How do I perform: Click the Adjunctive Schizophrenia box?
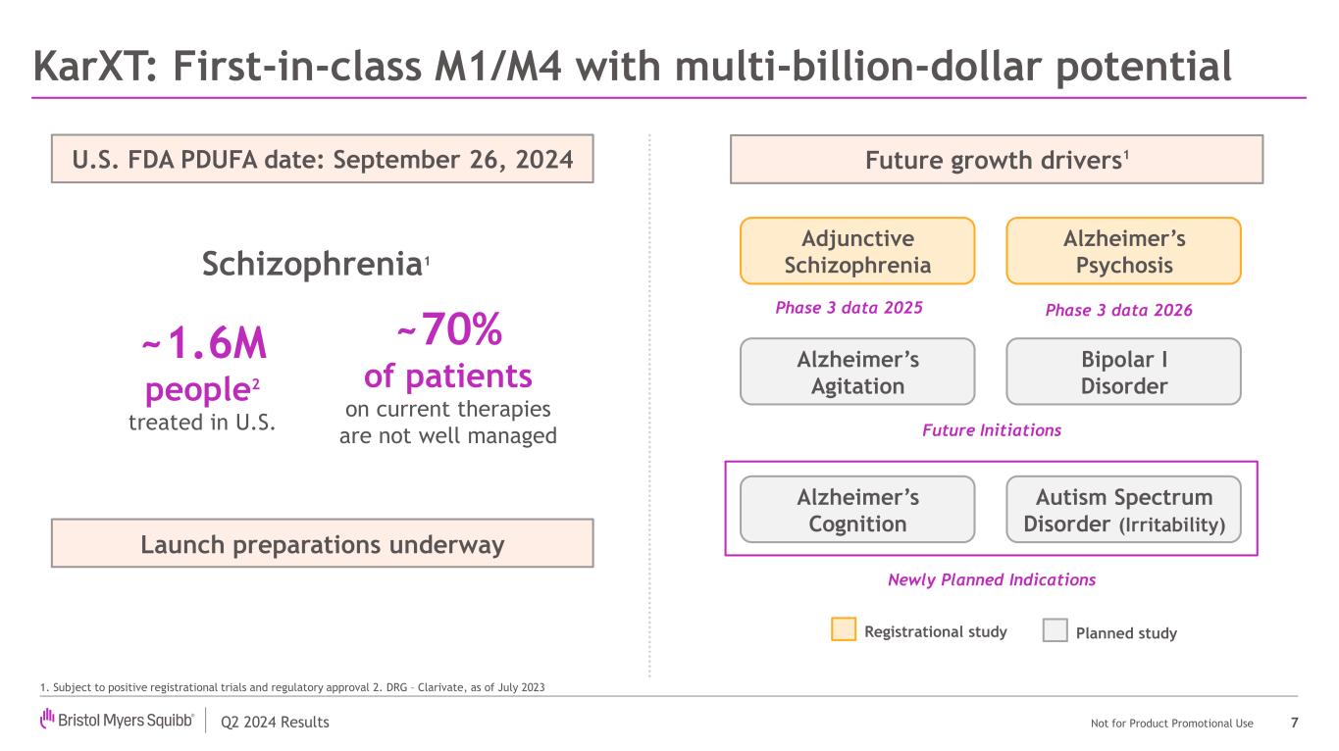tap(856, 251)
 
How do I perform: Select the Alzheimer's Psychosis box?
tap(1123, 251)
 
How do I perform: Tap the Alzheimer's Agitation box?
tap(856, 372)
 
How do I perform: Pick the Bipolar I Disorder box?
tap(1123, 372)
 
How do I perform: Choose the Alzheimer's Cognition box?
tap(856, 510)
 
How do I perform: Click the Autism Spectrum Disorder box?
tap(1123, 510)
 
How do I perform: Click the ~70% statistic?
tap(449, 333)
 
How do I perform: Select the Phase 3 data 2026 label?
tap(1118, 310)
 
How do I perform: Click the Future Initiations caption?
tap(991, 429)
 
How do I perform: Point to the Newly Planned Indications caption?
tap(991, 579)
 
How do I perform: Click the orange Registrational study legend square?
tap(843, 630)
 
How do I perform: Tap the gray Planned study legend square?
tap(1055, 630)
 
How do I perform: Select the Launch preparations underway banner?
tap(322, 543)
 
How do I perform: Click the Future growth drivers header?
tap(996, 159)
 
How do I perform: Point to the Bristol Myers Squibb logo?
tap(117, 722)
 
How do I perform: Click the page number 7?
tap(1295, 723)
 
